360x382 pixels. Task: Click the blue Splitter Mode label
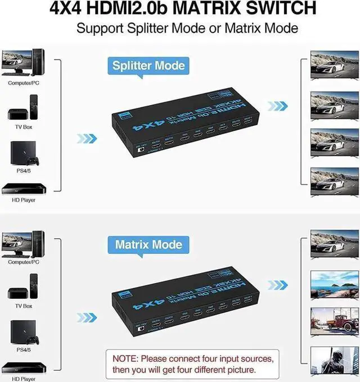coord(148,65)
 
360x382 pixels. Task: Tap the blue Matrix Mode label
coord(148,244)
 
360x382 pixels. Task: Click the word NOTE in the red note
coord(127,358)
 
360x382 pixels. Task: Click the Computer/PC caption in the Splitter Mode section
coord(24,83)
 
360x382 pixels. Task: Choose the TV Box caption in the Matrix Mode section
coord(24,306)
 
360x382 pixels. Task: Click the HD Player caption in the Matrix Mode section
coord(24,379)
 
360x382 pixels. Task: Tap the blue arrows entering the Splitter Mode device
coord(87,138)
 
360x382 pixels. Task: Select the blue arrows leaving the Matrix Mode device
coord(277,285)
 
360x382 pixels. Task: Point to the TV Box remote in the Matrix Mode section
coord(34,284)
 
